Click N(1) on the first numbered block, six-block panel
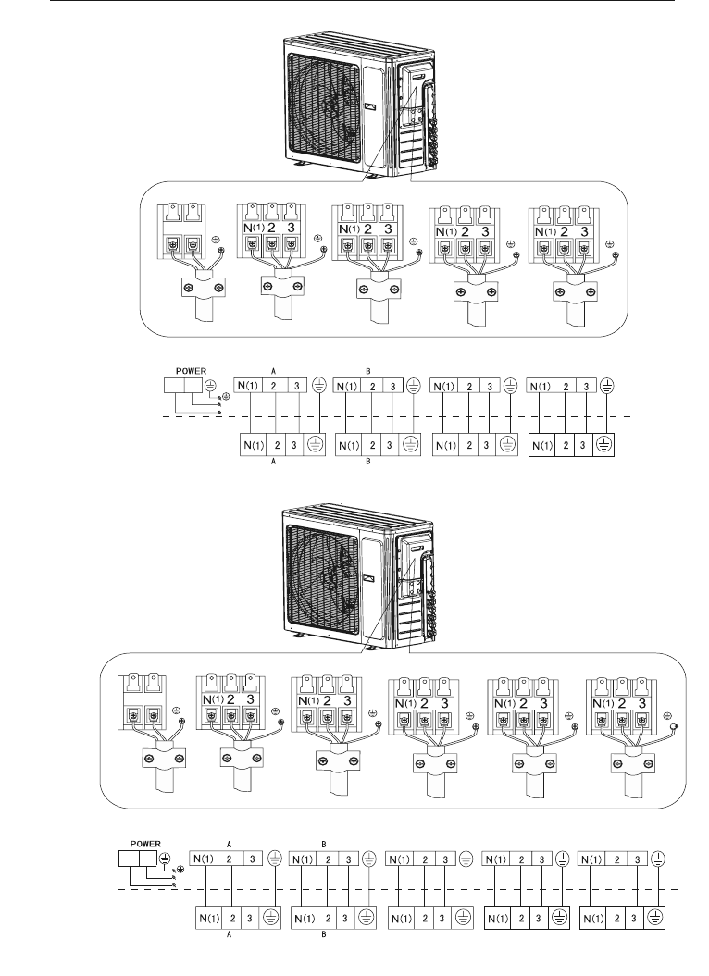coord(214,699)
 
